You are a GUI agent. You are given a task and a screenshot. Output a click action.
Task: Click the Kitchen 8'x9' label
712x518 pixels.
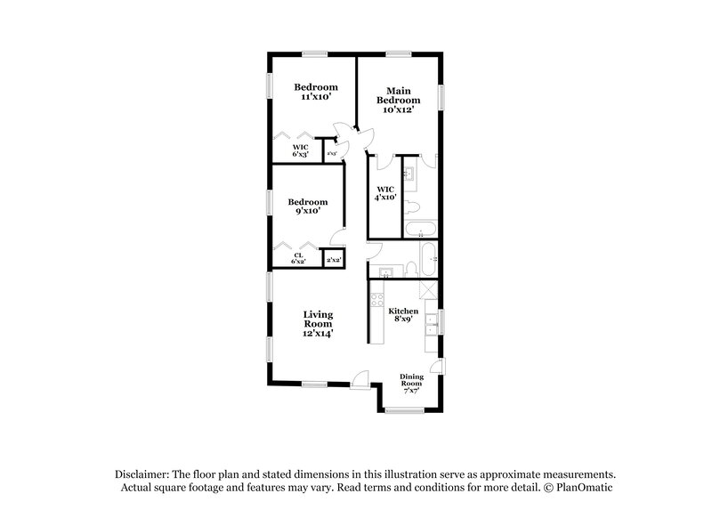pos(403,316)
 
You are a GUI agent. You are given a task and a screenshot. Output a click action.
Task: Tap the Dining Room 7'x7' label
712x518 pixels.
pos(412,381)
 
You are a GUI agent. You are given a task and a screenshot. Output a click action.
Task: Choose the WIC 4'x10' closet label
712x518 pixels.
pos(385,194)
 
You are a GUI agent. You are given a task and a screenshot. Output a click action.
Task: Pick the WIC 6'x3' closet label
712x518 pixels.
pos(301,151)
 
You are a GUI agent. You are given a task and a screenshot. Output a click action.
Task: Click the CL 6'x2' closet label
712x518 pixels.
pos(300,259)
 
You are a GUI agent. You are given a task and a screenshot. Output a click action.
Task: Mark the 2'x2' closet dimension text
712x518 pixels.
pos(334,260)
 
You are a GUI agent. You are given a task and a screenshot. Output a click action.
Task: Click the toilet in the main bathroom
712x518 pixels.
pos(413,208)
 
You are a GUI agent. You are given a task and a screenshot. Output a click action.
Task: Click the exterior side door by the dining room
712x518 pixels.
pos(435,368)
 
